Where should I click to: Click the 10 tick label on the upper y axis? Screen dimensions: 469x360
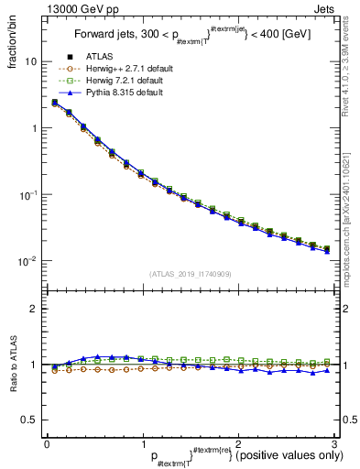tap(30, 61)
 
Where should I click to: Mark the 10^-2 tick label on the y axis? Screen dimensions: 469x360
tap(28, 262)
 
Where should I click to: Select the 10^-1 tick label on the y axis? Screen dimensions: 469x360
tap(28, 195)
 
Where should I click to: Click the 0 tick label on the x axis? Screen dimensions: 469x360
tap(47, 442)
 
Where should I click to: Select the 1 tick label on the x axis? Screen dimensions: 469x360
tap(142, 442)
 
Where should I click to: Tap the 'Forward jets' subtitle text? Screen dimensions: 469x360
tap(104, 38)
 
